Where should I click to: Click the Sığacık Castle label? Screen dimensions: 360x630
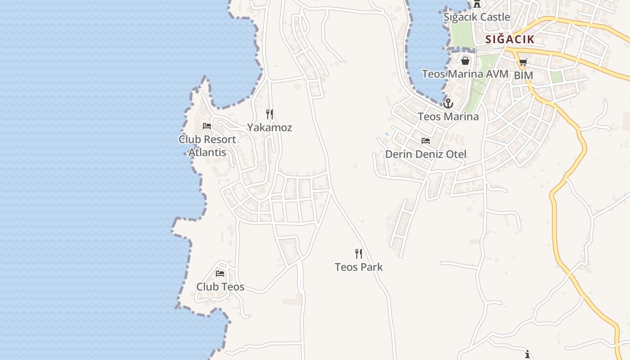(477, 17)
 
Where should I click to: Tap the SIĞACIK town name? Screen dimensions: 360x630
(510, 39)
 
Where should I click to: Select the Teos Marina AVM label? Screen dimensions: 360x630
(465, 74)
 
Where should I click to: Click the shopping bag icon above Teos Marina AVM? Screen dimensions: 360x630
(465, 60)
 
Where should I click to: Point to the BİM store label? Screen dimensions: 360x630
(523, 75)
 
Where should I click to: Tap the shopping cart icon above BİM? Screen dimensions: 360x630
(523, 63)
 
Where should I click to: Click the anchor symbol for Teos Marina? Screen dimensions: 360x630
(448, 103)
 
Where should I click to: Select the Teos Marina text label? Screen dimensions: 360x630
(448, 117)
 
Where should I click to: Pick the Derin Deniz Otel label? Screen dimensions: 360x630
(426, 154)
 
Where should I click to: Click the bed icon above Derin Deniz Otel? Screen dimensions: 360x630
(426, 141)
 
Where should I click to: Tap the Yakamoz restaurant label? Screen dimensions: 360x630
(270, 127)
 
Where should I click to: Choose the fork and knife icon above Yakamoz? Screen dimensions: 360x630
(270, 114)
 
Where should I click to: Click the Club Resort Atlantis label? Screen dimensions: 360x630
(207, 145)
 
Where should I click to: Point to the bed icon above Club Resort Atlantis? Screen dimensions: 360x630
(207, 126)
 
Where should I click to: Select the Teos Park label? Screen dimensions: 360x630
(359, 267)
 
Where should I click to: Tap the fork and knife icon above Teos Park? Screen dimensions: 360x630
(359, 254)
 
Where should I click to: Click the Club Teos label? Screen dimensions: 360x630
(220, 287)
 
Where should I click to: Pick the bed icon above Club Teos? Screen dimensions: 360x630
(220, 274)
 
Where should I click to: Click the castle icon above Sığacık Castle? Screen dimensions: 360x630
(477, 4)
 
